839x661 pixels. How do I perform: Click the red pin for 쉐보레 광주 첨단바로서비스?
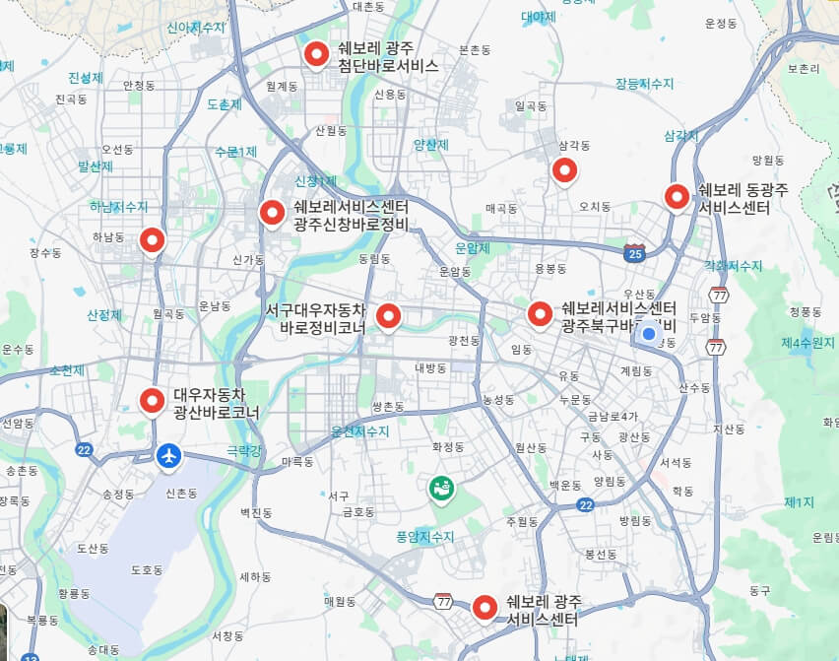click(x=316, y=54)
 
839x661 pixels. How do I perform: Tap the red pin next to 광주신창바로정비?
click(x=272, y=212)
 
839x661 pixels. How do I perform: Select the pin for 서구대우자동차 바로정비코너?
click(x=389, y=315)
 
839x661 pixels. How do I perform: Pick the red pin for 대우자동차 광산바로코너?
click(x=152, y=400)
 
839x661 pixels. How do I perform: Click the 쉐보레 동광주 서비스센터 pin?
click(x=677, y=196)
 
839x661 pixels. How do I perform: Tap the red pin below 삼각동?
click(x=564, y=170)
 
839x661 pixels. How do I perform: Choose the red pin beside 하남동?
click(x=152, y=238)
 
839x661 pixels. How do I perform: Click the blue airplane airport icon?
click(x=169, y=455)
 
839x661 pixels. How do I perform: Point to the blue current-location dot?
click(x=649, y=335)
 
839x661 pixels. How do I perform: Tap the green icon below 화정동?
click(x=440, y=487)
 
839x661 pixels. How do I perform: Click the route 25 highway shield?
click(x=634, y=253)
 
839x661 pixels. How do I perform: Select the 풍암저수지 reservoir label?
click(x=425, y=537)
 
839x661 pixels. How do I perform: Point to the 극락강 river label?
click(x=245, y=449)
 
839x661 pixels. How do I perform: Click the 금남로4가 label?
click(x=613, y=416)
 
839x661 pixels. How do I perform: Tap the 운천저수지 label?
click(x=360, y=431)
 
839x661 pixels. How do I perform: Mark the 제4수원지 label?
click(x=807, y=343)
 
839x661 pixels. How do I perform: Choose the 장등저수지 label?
click(x=643, y=85)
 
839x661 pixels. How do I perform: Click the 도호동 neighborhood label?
click(x=147, y=570)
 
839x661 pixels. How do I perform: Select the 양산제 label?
click(x=430, y=144)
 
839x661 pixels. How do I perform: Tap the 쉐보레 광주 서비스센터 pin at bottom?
click(x=484, y=608)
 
